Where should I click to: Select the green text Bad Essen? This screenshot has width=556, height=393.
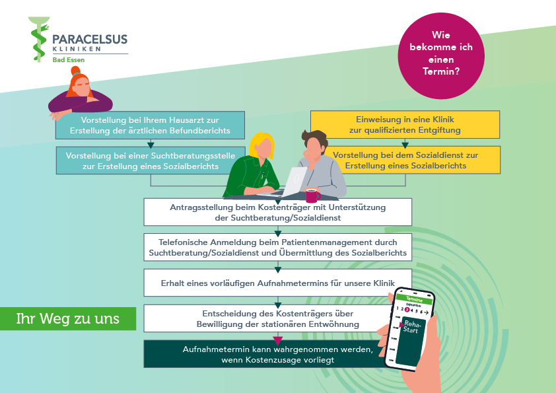point(69,60)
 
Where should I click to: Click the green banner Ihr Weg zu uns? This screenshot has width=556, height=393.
point(68,318)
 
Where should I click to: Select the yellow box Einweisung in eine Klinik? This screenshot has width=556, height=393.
point(405,124)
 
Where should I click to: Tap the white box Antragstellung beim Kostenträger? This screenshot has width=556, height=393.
point(278,212)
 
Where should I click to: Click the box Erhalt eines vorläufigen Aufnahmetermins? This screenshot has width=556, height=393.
point(278,282)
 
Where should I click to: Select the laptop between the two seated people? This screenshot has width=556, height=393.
point(293,182)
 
